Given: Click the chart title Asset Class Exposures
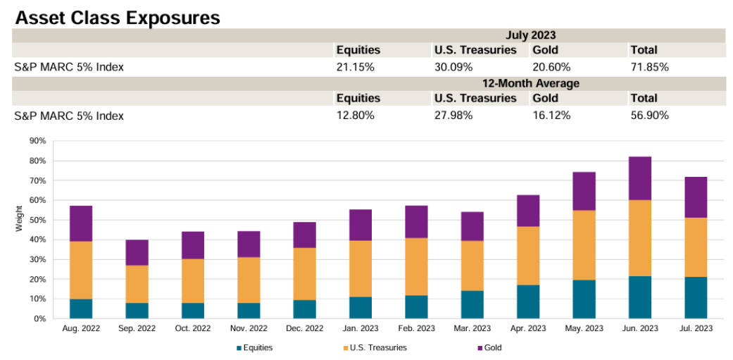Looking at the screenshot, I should tap(117, 17).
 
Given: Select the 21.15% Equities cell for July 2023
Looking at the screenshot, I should tap(355, 68).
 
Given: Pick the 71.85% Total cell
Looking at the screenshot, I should tap(649, 68).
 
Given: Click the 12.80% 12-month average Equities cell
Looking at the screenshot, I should tap(355, 116).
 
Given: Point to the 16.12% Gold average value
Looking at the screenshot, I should tap(551, 116).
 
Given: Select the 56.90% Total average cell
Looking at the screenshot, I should tap(649, 116).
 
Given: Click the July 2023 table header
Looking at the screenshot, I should tap(530, 35).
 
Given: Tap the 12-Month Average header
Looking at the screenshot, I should tap(530, 83).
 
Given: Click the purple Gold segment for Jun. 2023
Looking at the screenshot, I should tap(640, 178).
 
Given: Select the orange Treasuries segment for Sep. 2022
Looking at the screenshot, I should tap(137, 284).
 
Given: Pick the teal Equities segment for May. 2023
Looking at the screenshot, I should tap(584, 299).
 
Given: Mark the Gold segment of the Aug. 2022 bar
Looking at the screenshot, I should tap(81, 223).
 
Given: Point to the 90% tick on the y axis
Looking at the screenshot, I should tap(37, 141).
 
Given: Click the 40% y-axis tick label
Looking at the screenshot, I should tap(37, 240).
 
